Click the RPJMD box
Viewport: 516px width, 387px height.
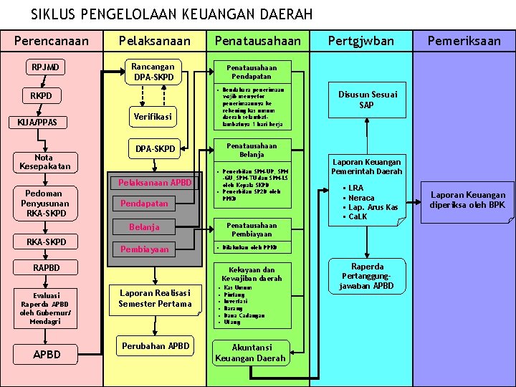tap(45, 68)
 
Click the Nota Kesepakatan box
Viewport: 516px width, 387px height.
tap(45, 162)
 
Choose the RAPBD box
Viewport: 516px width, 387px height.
tap(47, 268)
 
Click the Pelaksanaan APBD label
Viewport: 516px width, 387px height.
tap(155, 182)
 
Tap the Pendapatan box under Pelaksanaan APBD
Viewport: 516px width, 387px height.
tap(145, 204)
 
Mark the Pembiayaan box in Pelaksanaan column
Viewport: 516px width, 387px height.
tap(145, 249)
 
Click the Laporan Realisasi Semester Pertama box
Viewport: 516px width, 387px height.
tap(156, 299)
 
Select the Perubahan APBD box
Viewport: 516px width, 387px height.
tap(156, 346)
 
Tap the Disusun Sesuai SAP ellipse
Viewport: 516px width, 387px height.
tap(366, 100)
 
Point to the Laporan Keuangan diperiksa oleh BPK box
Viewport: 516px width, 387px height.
tap(468, 200)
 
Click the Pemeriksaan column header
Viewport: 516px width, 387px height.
tap(464, 41)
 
